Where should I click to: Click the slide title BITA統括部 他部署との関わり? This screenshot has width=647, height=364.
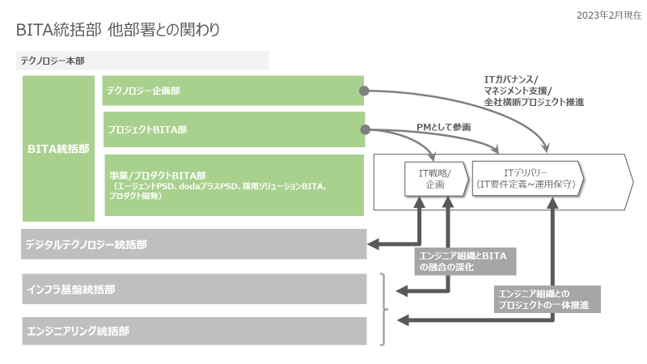point(118,30)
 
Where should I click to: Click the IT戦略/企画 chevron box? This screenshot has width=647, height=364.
point(434,179)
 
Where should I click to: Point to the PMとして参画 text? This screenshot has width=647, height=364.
point(443,127)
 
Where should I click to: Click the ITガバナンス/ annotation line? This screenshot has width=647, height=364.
point(516,78)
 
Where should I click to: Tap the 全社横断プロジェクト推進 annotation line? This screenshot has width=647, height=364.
point(534,103)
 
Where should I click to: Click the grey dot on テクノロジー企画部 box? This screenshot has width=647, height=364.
point(365,91)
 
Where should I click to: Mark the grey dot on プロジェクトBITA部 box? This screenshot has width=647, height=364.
point(365,129)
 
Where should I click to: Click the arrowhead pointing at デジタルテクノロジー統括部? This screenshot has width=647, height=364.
point(373,244)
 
